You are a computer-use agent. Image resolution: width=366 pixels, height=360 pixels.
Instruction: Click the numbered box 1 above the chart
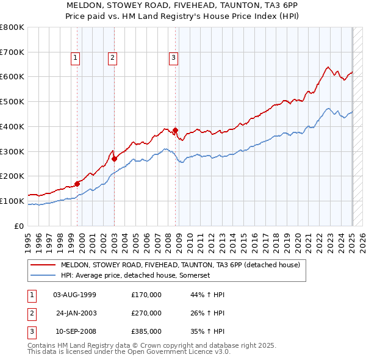[75, 58]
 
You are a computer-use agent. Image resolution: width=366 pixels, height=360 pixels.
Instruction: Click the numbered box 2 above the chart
[113, 58]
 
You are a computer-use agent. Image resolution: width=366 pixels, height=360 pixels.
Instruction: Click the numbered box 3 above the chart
[173, 58]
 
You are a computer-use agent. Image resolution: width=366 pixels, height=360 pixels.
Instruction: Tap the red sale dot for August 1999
[77, 183]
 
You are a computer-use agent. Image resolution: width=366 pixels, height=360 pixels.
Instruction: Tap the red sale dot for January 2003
[115, 159]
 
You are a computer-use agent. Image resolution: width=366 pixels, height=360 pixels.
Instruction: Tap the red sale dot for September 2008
[175, 130]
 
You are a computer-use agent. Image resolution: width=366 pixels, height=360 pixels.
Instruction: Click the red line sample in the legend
[43, 265]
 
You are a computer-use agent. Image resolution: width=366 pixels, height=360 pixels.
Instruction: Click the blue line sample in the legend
[43, 276]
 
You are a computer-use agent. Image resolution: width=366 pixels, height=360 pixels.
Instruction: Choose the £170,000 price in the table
[146, 294]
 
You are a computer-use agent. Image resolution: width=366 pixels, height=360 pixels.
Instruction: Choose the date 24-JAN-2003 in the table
[76, 313]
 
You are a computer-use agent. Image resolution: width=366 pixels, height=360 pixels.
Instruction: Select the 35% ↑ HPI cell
[207, 332]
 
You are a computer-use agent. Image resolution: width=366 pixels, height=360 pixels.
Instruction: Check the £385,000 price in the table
[146, 332]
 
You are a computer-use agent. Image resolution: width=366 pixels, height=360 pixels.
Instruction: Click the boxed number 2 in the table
[32, 313]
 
